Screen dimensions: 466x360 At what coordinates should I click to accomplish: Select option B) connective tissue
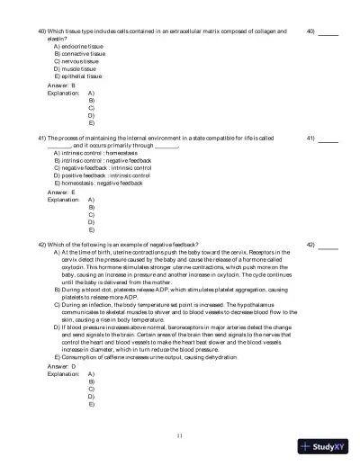point(79,53)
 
